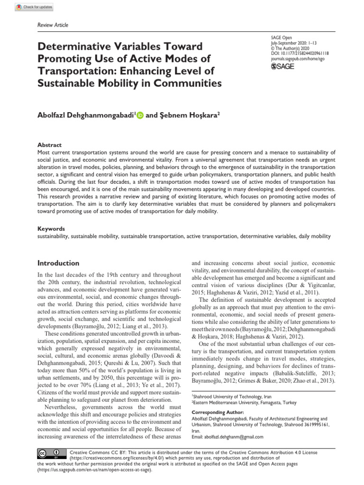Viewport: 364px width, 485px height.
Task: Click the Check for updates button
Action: (35, 8)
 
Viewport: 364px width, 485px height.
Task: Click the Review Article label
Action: (50, 25)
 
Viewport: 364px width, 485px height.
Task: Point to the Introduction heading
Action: (58, 263)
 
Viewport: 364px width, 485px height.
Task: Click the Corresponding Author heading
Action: (216, 413)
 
